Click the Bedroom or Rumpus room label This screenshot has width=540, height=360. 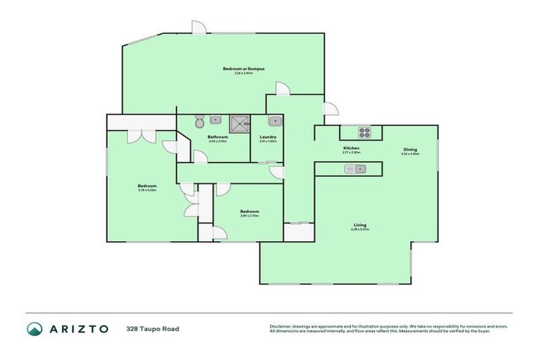[x=238, y=68]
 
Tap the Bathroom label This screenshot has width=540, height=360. [x=217, y=136]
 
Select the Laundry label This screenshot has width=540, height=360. [x=267, y=136]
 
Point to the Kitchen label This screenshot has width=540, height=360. [x=351, y=148]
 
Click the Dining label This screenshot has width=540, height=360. [x=410, y=149]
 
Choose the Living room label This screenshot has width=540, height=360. [x=359, y=225]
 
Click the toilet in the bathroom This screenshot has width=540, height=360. [x=200, y=122]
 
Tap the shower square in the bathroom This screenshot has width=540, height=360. [x=241, y=123]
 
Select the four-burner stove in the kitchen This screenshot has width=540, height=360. [x=365, y=131]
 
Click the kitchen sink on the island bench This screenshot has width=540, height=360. [x=361, y=169]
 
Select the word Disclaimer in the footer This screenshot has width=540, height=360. [x=281, y=326]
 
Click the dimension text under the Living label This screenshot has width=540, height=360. [x=359, y=230]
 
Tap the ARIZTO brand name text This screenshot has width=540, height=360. [x=78, y=328]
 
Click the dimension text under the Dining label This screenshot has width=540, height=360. [x=410, y=154]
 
